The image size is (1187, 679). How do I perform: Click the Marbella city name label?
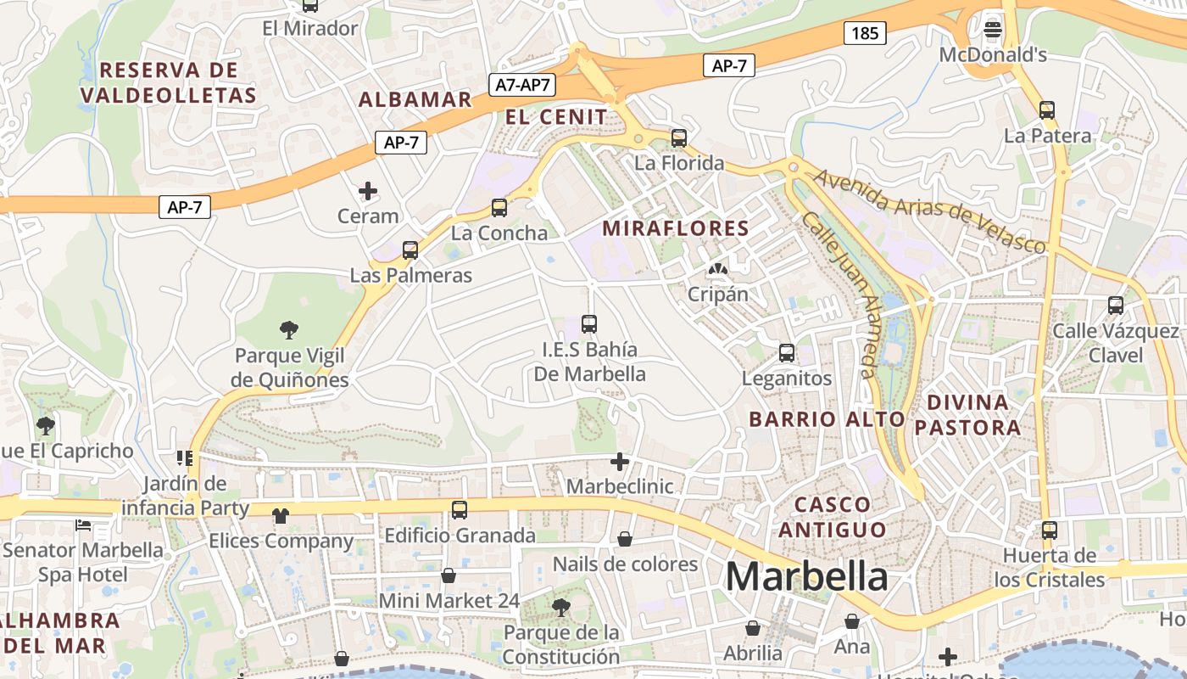pyautogui.click(x=806, y=577)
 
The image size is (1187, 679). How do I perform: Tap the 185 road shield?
pyautogui.click(x=865, y=33)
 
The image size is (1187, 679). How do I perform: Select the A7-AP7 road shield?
pyautogui.click(x=523, y=84)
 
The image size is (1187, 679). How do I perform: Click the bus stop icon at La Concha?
pyautogui.click(x=499, y=208)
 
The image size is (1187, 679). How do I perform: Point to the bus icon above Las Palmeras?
pyautogui.click(x=410, y=250)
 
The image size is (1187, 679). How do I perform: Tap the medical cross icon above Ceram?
pyautogui.click(x=368, y=191)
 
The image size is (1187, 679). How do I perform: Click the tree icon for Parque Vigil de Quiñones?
pyautogui.click(x=289, y=329)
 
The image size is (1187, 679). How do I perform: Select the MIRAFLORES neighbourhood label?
pyautogui.click(x=676, y=227)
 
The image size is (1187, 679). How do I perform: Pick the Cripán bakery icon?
pyautogui.click(x=718, y=269)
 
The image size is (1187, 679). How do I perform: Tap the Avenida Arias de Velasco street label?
pyautogui.click(x=930, y=211)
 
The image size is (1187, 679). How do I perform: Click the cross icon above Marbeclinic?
pyautogui.click(x=620, y=462)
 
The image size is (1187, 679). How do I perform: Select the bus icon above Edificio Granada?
pyautogui.click(x=460, y=510)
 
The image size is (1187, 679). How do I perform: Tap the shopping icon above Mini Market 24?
pyautogui.click(x=449, y=575)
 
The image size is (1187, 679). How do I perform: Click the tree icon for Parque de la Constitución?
pyautogui.click(x=560, y=607)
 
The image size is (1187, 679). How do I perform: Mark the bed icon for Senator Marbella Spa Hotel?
pyautogui.click(x=83, y=525)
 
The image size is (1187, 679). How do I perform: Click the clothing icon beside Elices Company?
pyautogui.click(x=281, y=515)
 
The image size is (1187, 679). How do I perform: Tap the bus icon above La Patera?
pyautogui.click(x=1047, y=110)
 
